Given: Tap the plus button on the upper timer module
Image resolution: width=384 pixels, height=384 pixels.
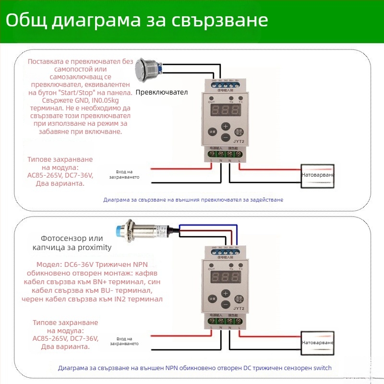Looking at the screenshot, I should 225,126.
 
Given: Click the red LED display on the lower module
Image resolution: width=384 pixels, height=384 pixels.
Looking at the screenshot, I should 225,277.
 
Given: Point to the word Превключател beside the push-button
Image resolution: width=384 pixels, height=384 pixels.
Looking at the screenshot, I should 161,92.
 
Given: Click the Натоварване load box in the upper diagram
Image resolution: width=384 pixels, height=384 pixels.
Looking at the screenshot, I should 317,175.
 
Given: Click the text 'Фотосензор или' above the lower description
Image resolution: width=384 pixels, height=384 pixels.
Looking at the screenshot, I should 72,239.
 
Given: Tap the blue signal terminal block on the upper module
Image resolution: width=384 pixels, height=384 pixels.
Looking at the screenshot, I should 224,84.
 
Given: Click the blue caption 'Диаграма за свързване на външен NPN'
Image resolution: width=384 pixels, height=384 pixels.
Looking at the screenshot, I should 144,368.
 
